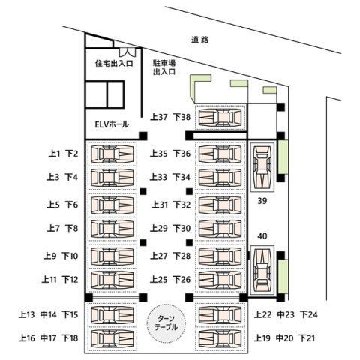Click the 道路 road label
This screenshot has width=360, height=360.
pos(199,40)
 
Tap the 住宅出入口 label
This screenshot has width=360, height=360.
pos(114,63)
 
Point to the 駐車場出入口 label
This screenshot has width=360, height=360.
pos(164,67)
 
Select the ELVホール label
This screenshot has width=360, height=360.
pos(112,124)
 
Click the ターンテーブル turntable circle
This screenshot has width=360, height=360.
pos(166,322)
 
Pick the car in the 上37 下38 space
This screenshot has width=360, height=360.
pos(220,117)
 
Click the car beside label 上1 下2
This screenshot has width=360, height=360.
pos(112,154)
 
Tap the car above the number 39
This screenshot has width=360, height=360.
pos(262,167)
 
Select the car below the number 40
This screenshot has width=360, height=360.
pos(262,270)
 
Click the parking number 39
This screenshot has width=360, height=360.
pos(262,201)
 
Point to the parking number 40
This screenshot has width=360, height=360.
pos(262,236)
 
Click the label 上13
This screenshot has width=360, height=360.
pos(26,314)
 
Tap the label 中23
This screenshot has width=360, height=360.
pos(286,314)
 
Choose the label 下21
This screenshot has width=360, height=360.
pos(307,338)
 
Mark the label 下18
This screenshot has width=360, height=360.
pos(70,338)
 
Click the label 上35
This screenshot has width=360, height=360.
pos(159,154)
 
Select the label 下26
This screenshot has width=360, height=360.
pos(182,280)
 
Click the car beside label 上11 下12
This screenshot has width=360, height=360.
pos(112,280)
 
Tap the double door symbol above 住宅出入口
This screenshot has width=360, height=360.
pos(127,52)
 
